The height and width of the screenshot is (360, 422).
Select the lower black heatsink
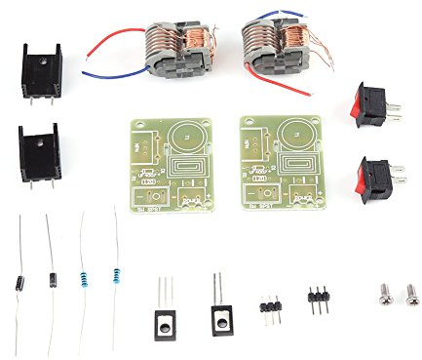[x=39, y=151]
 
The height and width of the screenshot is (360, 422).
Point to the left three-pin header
[x=269, y=305]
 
